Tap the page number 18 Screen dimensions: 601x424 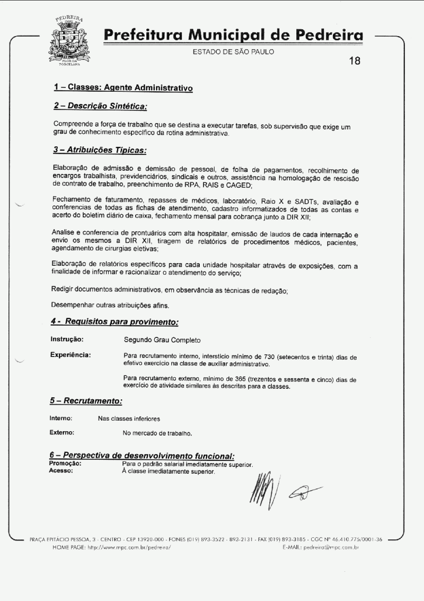tap(355, 60)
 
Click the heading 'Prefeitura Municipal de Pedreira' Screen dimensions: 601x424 tap(234, 36)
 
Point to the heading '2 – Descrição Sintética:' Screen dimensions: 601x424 tap(100, 106)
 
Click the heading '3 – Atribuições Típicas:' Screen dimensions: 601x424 tap(100, 151)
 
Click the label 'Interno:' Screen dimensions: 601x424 tap(61, 419)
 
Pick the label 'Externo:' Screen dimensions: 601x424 tap(62, 433)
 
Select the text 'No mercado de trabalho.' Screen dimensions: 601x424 tap(157, 433)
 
